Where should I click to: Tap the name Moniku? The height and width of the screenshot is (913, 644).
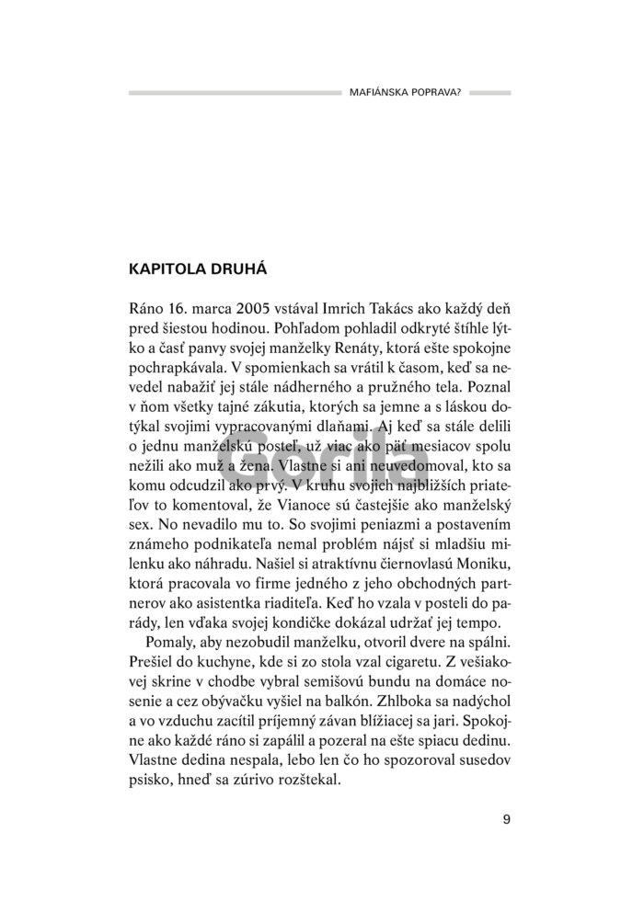point(479,579)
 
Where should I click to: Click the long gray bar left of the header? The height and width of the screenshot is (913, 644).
point(234,93)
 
